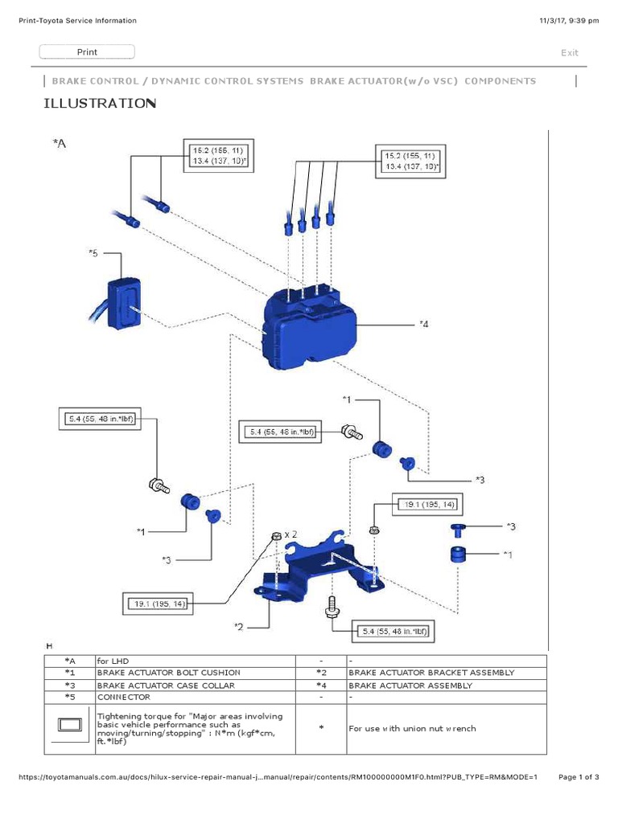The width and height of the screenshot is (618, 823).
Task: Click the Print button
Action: point(87,52)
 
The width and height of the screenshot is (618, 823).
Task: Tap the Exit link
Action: point(569,53)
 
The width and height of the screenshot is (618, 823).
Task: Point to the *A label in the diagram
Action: point(60,143)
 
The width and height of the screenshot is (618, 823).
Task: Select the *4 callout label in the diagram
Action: point(424,325)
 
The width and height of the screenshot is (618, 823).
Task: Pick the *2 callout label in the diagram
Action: point(239,626)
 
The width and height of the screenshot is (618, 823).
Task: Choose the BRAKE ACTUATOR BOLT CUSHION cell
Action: point(168,672)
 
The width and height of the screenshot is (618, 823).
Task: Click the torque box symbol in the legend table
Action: point(69,728)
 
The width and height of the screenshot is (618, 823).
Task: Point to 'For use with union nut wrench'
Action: point(412,728)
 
